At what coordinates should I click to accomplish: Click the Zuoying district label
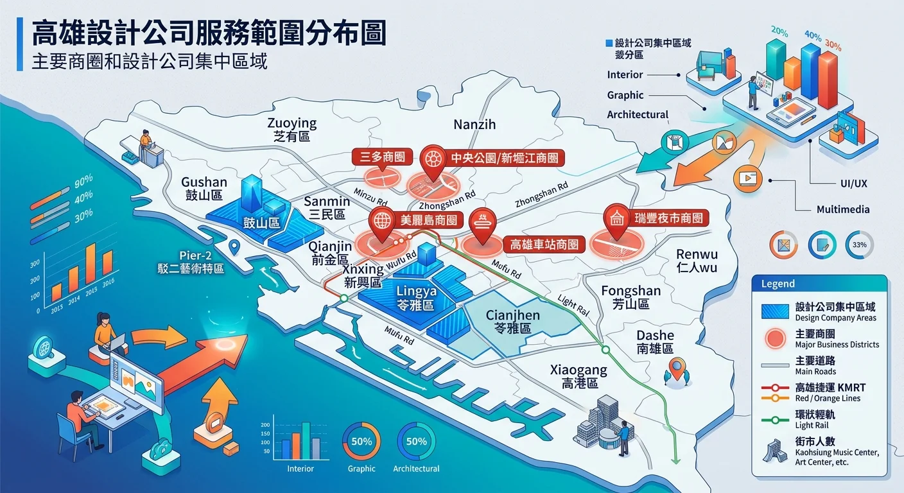point(291,128)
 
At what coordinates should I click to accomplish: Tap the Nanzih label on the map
point(474,125)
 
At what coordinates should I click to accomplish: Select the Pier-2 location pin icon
point(234,246)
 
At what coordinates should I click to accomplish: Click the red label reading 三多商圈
point(383,157)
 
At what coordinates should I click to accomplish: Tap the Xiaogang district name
point(579,376)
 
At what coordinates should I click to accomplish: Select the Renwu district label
point(697,261)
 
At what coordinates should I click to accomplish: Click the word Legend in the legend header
point(778,284)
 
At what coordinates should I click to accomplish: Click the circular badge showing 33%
point(859,245)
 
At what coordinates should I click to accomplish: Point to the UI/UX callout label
point(853,184)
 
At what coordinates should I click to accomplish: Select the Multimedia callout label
point(843,209)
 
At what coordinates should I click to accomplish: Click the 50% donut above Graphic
point(361,442)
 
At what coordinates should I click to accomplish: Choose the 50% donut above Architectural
point(416,442)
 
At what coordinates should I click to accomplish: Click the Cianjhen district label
point(512,321)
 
